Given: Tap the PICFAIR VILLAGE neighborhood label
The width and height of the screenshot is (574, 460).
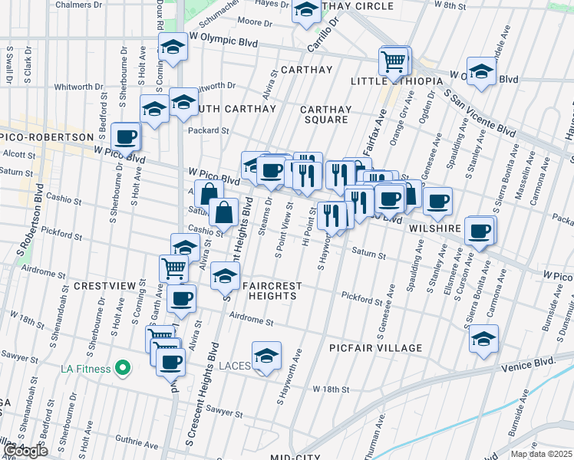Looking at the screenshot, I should (x=376, y=348).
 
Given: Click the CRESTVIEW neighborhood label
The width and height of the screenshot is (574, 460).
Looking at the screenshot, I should (x=104, y=286).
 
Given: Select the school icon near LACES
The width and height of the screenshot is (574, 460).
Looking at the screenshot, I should (x=266, y=356).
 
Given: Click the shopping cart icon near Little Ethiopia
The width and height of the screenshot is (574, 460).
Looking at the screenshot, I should (x=394, y=61).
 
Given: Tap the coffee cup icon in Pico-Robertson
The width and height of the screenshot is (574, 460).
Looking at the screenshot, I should (x=126, y=138).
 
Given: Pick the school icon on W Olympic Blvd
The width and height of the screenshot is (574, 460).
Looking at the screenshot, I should (x=173, y=48).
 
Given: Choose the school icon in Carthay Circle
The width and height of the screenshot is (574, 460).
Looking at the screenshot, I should (x=307, y=10).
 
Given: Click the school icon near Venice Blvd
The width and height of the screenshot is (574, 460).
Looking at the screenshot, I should (x=483, y=340).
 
